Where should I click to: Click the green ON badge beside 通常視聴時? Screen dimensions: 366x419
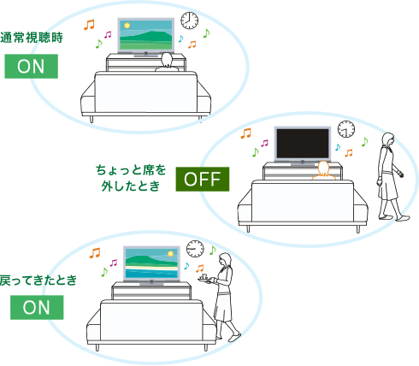click(x=31, y=66)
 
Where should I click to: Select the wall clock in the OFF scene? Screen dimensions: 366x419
click(x=346, y=128)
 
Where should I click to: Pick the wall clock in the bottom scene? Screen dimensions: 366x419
click(x=195, y=247)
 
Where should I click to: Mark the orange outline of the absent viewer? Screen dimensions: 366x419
click(x=322, y=171)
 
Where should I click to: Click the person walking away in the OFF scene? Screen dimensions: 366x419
click(x=387, y=175)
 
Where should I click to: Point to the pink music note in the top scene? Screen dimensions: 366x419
click(x=107, y=35)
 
